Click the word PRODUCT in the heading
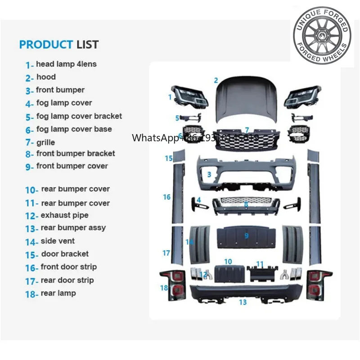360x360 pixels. pyautogui.click(x=45, y=45)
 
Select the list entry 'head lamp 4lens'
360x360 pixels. pyautogui.click(x=66, y=64)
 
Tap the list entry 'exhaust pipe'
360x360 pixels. pyautogui.click(x=64, y=215)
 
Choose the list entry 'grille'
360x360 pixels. pyautogui.click(x=45, y=142)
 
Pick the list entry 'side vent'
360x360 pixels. pyautogui.click(x=58, y=241)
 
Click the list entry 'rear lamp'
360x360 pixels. pyautogui.click(x=58, y=293)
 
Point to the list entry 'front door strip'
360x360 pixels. pyautogui.click(x=68, y=267)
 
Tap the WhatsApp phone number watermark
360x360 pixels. pyautogui.click(x=195, y=138)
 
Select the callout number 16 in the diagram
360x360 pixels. pyautogui.click(x=166, y=197)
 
